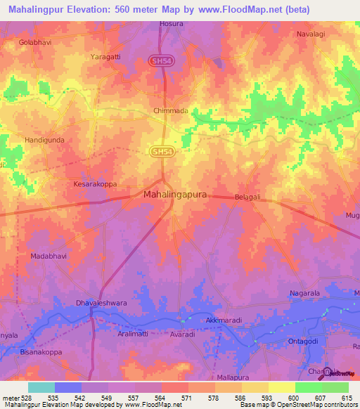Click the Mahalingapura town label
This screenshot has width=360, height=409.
175,194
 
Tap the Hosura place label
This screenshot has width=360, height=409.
172,23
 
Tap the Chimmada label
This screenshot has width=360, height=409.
170,111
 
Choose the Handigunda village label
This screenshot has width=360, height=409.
45,140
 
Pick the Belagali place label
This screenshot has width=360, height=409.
247,198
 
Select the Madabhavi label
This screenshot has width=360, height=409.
49,257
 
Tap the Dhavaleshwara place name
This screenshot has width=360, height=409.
101,304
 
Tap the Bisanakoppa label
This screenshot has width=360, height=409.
41,352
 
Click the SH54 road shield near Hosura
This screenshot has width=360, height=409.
161,61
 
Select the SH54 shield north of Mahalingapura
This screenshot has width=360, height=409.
161,151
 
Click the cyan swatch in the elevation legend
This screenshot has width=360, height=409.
41,387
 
